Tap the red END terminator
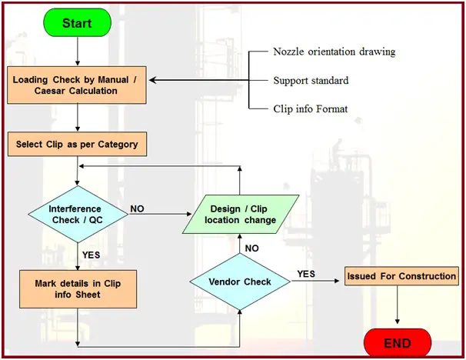[397, 343]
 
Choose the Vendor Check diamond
[240, 282]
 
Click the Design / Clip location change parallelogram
[240, 215]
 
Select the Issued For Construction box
[401, 275]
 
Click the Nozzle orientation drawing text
[334, 52]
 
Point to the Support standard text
[310, 80]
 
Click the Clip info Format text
[311, 108]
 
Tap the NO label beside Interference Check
[138, 208]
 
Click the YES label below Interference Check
[91, 255]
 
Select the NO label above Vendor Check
[252, 248]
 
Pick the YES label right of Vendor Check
[305, 274]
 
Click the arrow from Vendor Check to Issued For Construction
[315, 282]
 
